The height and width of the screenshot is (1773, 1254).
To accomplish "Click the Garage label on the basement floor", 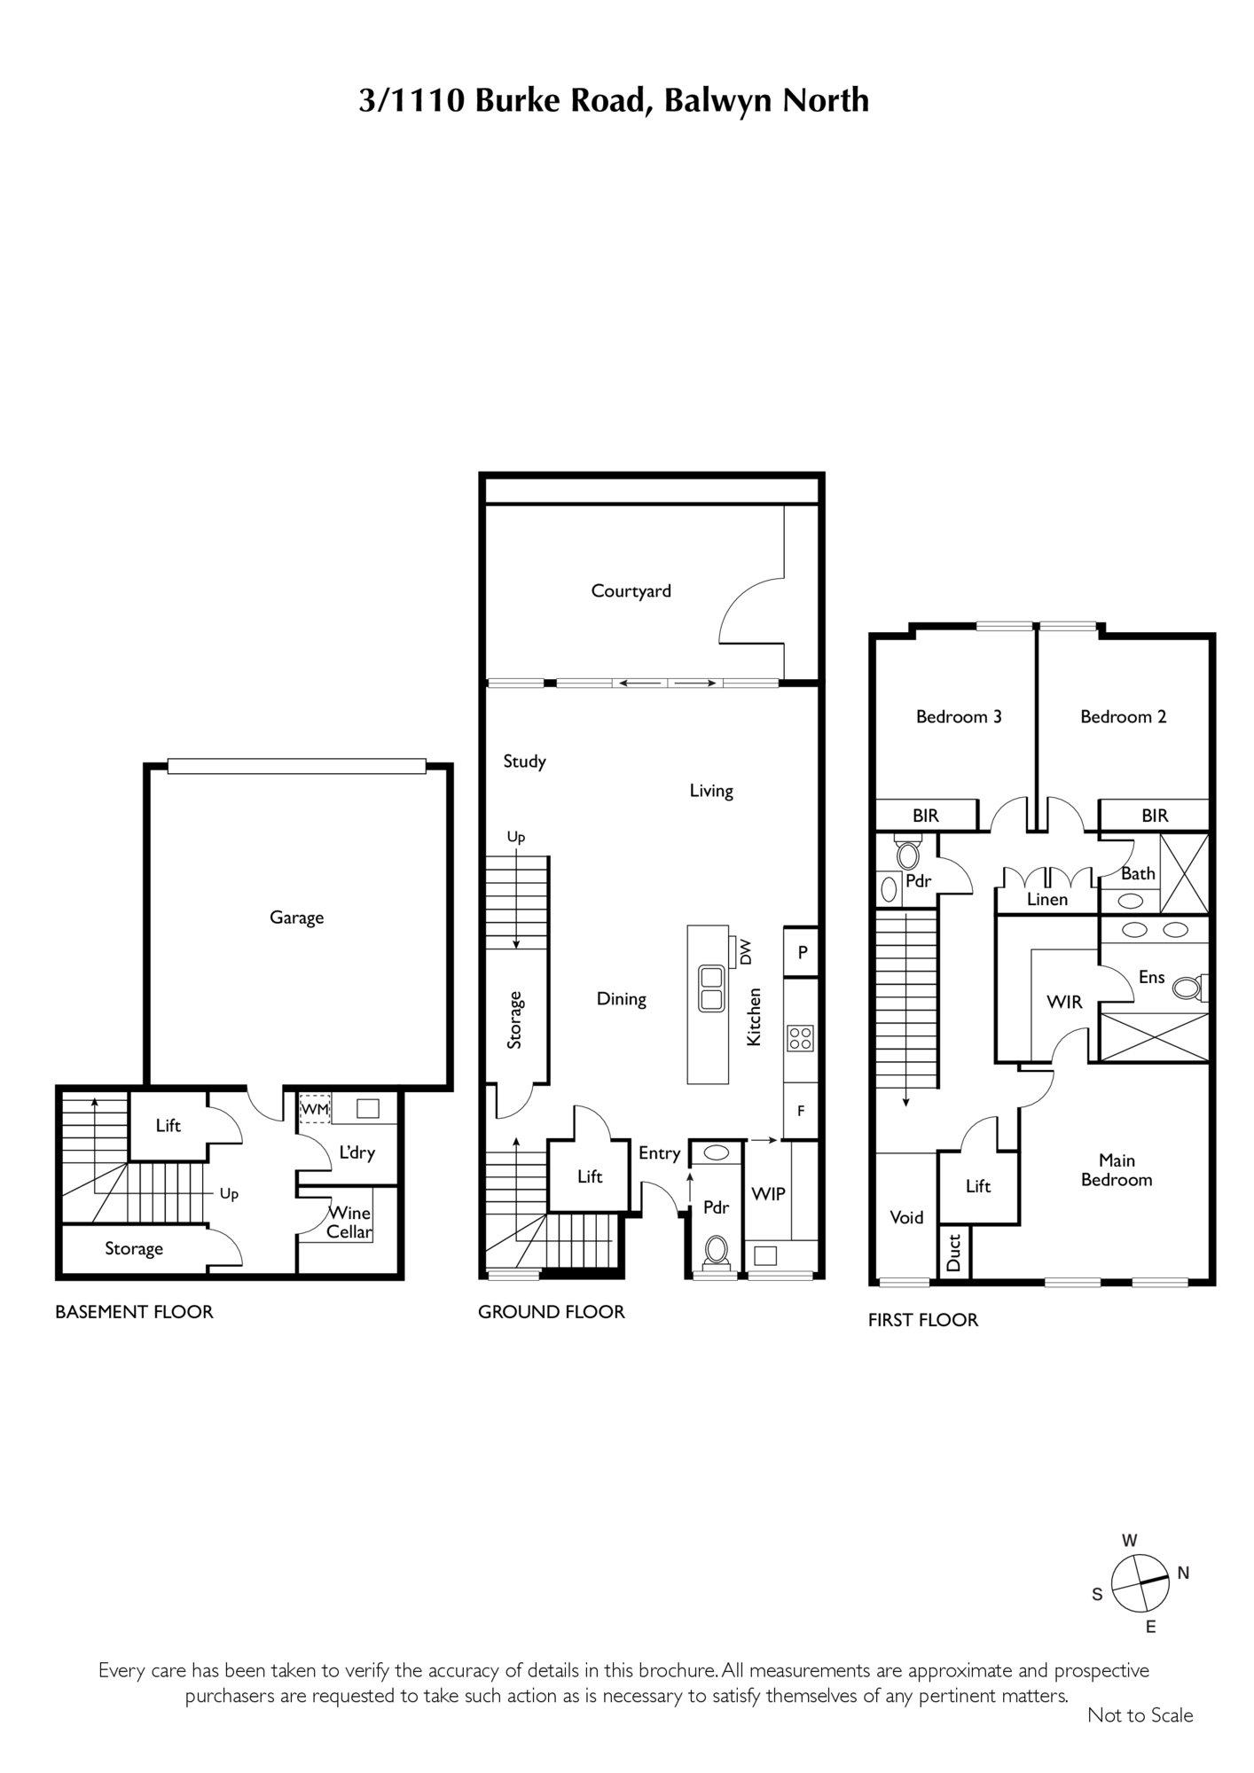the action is [x=296, y=918].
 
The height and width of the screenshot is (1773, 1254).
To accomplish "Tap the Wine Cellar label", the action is [x=349, y=1222].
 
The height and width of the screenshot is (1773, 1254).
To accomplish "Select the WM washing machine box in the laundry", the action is [x=315, y=1109].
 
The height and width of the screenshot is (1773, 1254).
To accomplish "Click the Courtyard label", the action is [x=631, y=591].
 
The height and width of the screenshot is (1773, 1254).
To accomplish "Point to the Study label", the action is [x=524, y=761].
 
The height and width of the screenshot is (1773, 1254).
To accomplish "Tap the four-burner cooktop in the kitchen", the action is [x=800, y=1037].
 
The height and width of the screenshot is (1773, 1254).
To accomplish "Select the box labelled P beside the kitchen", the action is [x=801, y=951].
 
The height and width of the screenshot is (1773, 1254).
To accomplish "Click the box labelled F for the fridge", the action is [x=801, y=1110].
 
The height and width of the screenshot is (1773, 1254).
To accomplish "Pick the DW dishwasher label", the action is [x=745, y=952].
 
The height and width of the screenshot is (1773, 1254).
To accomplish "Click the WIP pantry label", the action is [x=768, y=1194].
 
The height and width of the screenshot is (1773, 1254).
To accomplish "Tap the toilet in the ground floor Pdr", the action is [x=716, y=1251].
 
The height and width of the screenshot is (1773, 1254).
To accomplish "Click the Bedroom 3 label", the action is [x=959, y=716].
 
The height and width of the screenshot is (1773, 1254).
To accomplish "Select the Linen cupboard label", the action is [x=1047, y=899].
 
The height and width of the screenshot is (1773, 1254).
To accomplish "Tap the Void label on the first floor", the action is [x=906, y=1217].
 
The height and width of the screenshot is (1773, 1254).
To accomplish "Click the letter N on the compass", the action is [x=1183, y=1597].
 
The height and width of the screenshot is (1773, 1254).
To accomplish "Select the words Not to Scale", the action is [x=1140, y=1740].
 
